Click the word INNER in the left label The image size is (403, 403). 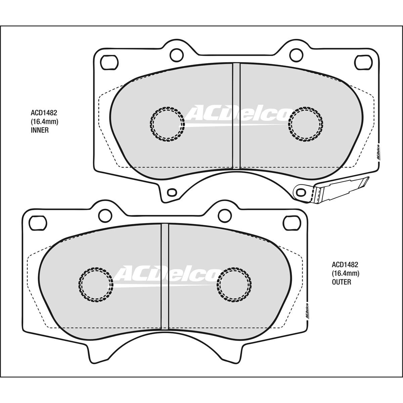(x=39, y=130)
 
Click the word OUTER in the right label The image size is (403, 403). (x=341, y=282)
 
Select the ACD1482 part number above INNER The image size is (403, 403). (x=42, y=114)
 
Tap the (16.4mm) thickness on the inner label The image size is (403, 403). (x=44, y=122)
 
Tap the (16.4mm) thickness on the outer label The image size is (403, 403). (x=346, y=274)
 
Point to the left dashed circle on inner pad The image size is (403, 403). (x=167, y=123)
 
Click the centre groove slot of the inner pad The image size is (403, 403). (x=236, y=116)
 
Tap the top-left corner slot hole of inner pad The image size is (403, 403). (x=109, y=62)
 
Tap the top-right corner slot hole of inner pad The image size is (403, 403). (x=364, y=62)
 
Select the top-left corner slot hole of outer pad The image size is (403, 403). (x=38, y=221)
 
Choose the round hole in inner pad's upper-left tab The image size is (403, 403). (x=175, y=54)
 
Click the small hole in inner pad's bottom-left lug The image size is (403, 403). (x=172, y=192)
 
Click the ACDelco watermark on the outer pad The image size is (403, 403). (x=167, y=274)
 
